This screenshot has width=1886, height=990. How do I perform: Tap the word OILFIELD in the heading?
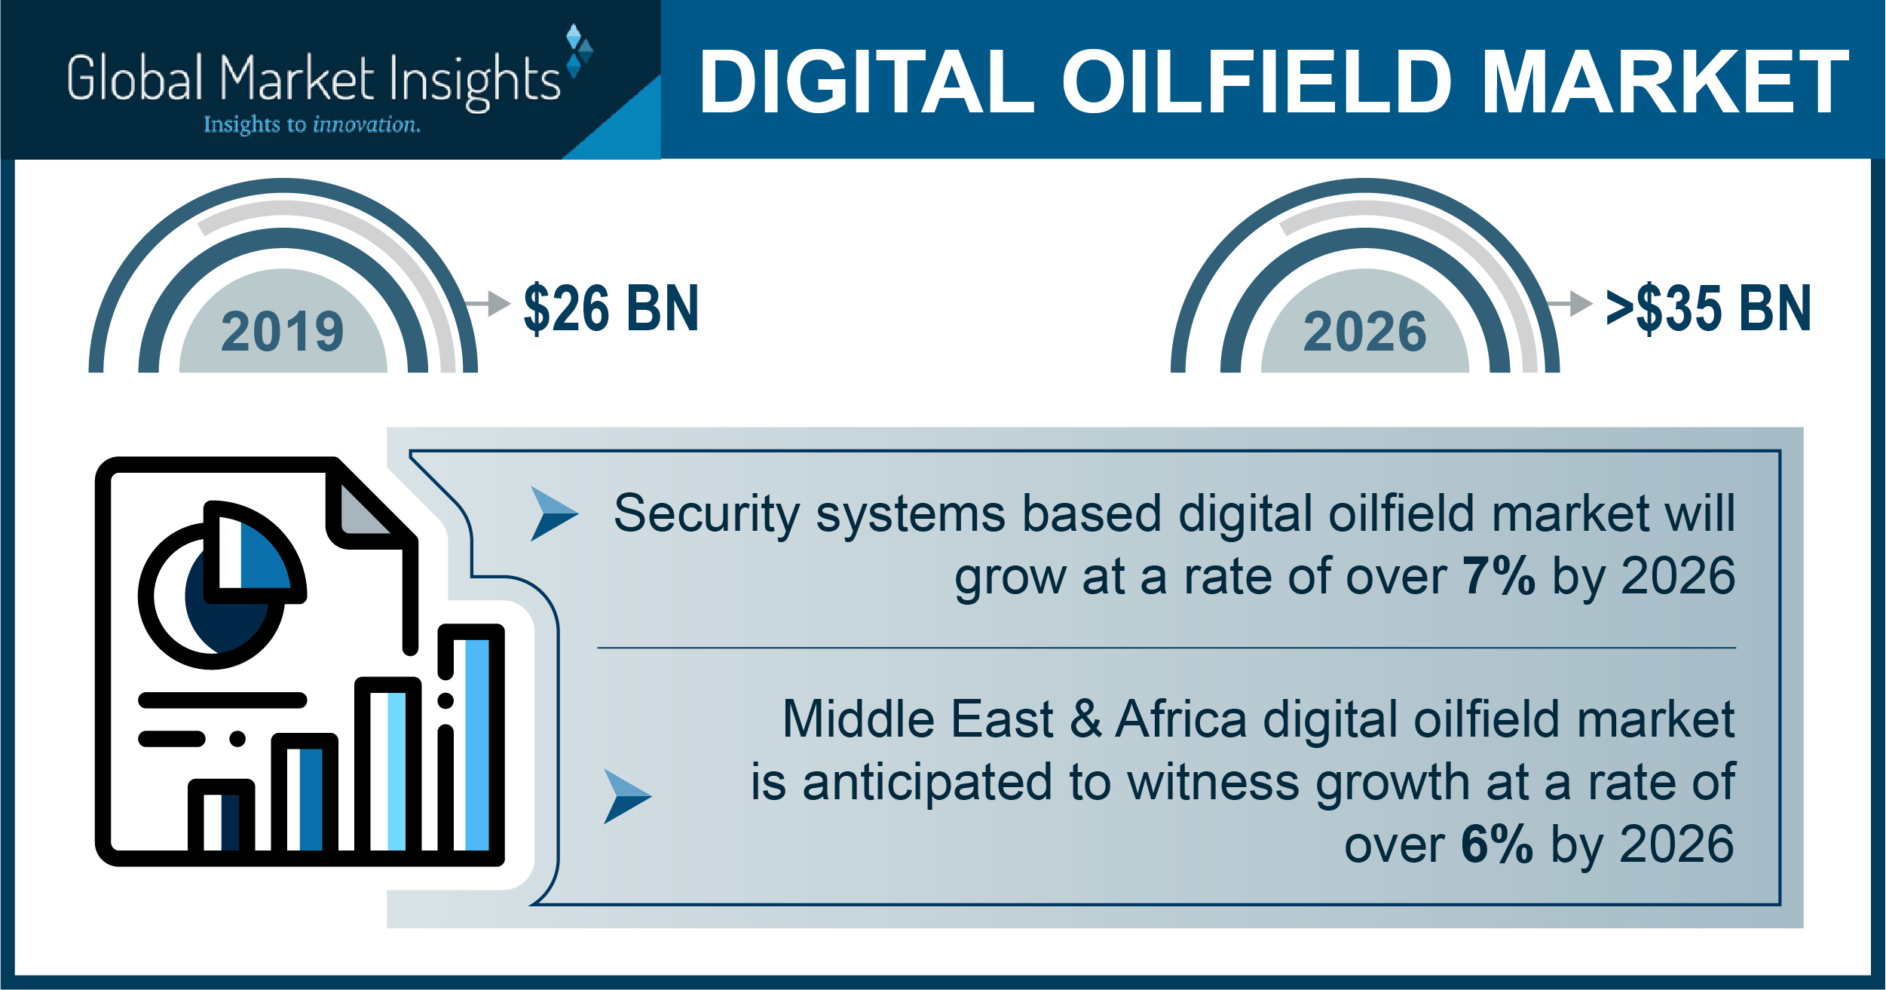tap(1257, 82)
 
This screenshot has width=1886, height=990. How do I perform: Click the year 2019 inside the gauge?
tap(283, 332)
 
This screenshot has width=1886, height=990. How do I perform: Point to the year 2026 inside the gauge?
tap(1365, 332)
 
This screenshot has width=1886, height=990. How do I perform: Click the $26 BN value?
tap(611, 308)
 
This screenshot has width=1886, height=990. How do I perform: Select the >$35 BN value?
tap(1708, 308)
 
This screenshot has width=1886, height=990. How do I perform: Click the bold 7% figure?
tap(1499, 577)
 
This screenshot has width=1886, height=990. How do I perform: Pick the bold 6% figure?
tap(1497, 844)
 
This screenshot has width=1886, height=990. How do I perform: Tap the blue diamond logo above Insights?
tap(579, 51)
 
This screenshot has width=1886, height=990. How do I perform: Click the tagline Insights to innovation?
tap(312, 124)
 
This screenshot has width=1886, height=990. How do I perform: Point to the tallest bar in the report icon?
tap(472, 743)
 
